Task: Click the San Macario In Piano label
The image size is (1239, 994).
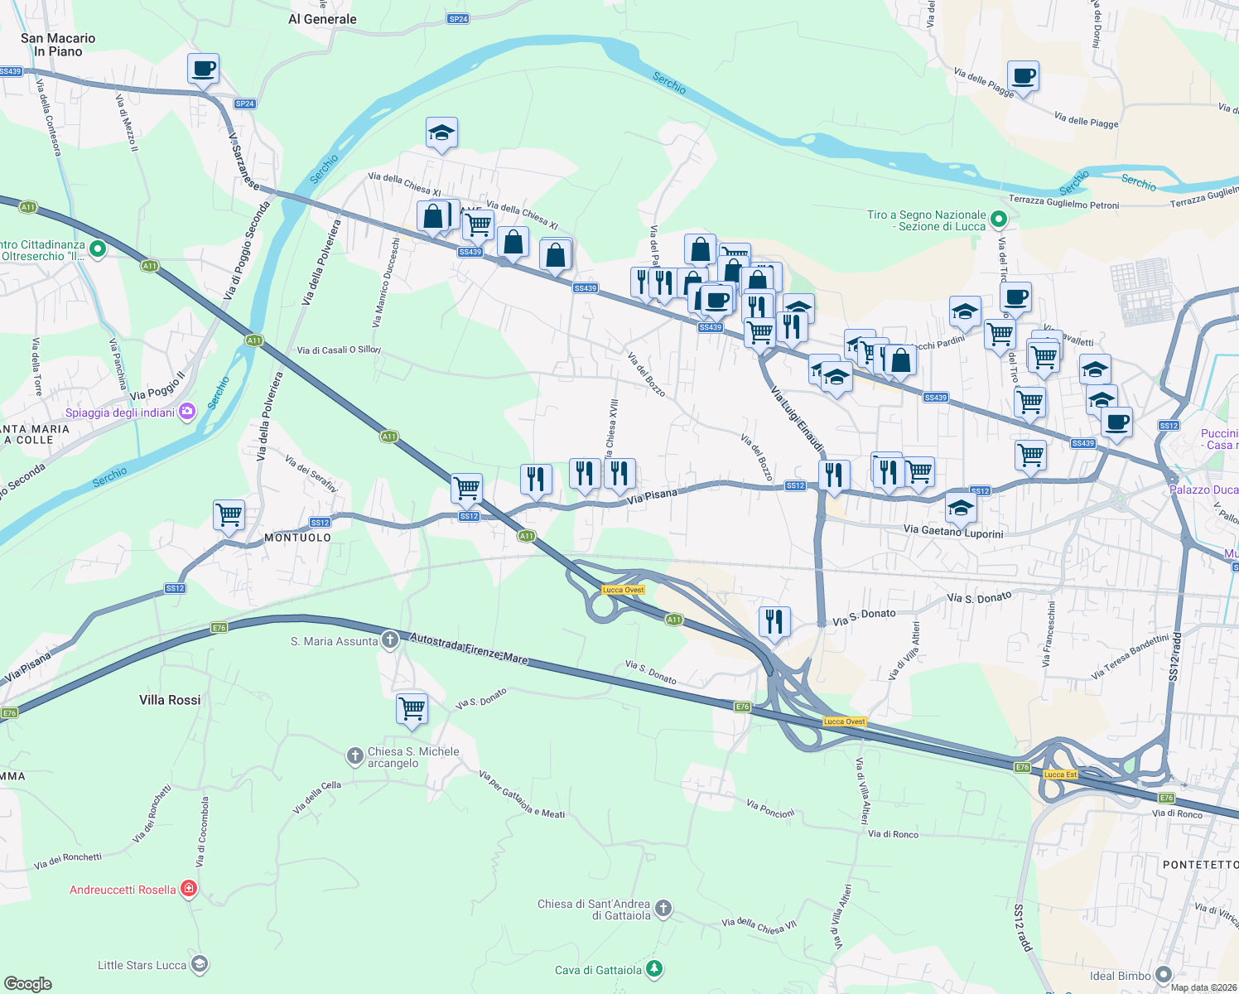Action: pos(58,45)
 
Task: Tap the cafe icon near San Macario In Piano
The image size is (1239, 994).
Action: pos(203,69)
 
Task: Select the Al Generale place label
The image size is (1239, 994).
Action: pos(322,19)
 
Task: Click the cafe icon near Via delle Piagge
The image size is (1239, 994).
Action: pos(1023,76)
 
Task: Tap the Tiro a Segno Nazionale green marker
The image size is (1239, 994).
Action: pos(999,220)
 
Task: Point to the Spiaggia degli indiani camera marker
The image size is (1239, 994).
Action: pos(187,412)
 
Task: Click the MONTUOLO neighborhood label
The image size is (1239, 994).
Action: pos(297,538)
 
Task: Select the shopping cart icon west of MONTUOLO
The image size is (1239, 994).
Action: pos(229,514)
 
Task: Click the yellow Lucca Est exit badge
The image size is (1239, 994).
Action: pos(1060,774)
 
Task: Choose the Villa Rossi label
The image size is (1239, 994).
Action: pos(170,700)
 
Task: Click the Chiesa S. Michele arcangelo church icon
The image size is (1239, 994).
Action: pos(354,755)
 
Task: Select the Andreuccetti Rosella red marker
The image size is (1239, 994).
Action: pos(189,890)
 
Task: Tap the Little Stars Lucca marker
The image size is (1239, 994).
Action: pos(199,964)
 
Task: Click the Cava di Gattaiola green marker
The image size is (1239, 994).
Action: pos(654,969)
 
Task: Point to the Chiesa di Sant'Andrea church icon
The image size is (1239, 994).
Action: pos(663,910)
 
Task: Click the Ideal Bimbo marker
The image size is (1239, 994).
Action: pos(1164,975)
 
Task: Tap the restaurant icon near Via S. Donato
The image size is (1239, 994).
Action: pos(774,620)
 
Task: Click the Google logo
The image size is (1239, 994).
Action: pos(28,983)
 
